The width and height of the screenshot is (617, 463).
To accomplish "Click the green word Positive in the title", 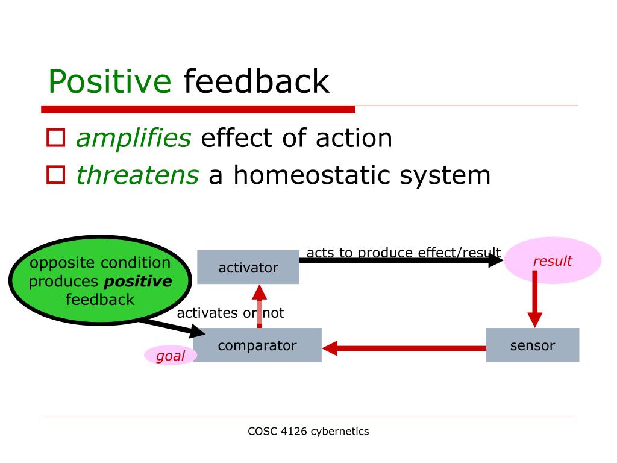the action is coord(110,81).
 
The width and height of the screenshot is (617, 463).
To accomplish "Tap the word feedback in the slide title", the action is coord(257,81).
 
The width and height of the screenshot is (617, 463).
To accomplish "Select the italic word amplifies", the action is coord(133,139).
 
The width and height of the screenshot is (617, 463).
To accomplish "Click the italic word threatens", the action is coord(137,175).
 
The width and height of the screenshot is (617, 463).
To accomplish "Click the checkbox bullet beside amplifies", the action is coord(55,138).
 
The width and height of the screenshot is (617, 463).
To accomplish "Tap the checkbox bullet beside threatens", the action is coord(55,175).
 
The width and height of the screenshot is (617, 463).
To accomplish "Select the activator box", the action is coord(248,267).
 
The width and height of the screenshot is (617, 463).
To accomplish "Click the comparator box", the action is coord(257,345).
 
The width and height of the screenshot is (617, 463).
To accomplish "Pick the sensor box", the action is coord(533,345).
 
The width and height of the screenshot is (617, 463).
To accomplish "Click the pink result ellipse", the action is coord(553,260).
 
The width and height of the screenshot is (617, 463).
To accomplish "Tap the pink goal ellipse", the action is coord(171,356).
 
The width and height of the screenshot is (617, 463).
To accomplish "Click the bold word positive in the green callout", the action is coord(138,281).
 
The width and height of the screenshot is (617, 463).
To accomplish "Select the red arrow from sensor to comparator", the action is coord(404,348).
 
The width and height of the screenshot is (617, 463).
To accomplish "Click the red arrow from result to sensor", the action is coord(535,299).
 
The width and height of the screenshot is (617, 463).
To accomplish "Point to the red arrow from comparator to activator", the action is coord(259,306).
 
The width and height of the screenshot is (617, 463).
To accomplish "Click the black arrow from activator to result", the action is coord(401,260).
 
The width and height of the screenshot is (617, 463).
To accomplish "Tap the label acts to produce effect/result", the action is coord(404,253).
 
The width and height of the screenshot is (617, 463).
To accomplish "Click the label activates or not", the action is coord(231,313).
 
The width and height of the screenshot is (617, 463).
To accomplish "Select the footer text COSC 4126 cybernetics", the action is coord(308,432).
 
